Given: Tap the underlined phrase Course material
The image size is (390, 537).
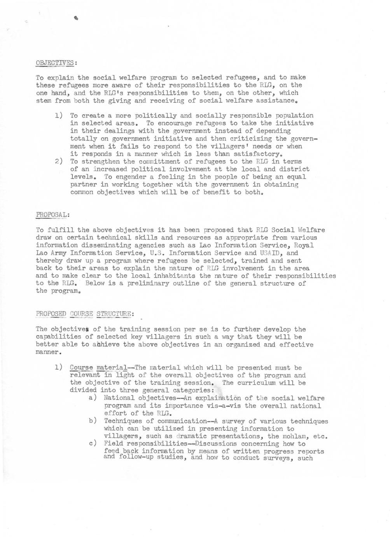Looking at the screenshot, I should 98,368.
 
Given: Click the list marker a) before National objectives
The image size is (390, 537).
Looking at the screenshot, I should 93,398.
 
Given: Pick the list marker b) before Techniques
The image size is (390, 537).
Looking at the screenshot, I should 93,421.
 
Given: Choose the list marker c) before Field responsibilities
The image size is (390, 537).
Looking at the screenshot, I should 93,444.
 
